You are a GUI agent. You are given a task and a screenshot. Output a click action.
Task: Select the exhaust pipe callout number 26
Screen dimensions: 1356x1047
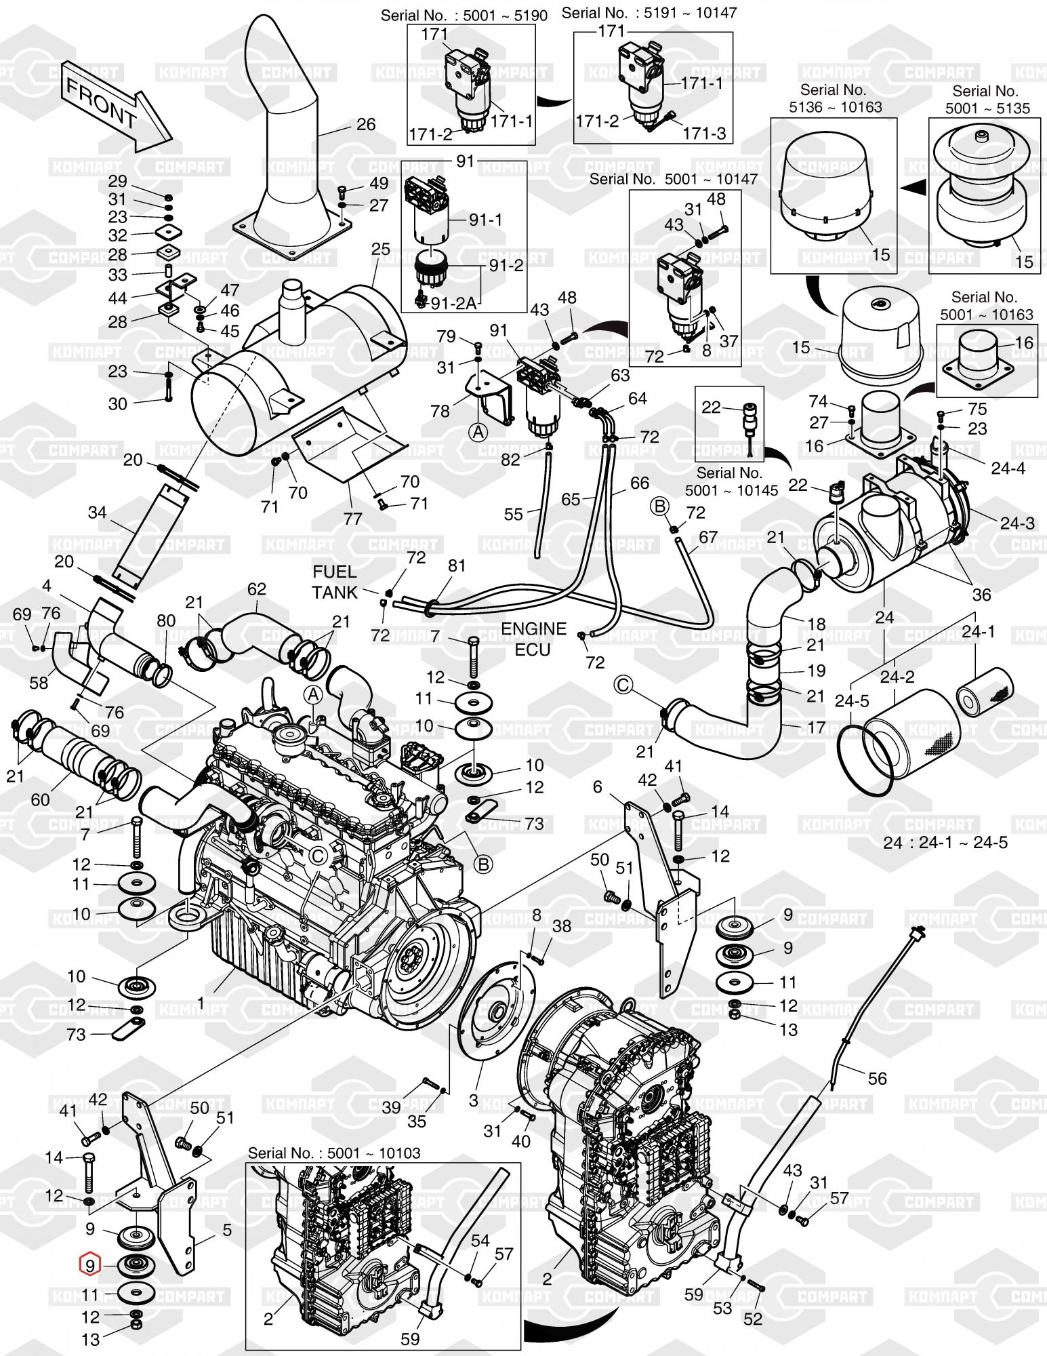pyautogui.click(x=365, y=124)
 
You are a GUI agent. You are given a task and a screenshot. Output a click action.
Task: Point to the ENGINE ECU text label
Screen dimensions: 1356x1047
pyautogui.click(x=533, y=639)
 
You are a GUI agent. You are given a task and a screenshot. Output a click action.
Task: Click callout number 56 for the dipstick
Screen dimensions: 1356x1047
pyautogui.click(x=878, y=1077)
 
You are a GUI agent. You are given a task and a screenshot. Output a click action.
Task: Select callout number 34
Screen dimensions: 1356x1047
pyautogui.click(x=98, y=513)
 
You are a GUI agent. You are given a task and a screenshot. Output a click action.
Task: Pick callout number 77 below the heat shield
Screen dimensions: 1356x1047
pyautogui.click(x=353, y=519)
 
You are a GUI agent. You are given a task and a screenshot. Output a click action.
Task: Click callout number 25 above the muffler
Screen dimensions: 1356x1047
pyautogui.click(x=381, y=249)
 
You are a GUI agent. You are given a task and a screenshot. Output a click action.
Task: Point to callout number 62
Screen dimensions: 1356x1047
pyautogui.click(x=256, y=589)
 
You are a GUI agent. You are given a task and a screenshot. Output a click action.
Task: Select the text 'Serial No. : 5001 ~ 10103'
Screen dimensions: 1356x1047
pyautogui.click(x=334, y=1153)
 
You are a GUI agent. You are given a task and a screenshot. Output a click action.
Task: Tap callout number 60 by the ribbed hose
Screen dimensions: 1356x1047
pyautogui.click(x=40, y=799)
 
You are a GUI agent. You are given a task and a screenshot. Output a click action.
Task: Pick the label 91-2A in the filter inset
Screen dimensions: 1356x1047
pyautogui.click(x=453, y=304)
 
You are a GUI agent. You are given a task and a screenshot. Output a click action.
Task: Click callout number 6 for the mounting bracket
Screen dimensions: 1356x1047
pyautogui.click(x=597, y=786)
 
